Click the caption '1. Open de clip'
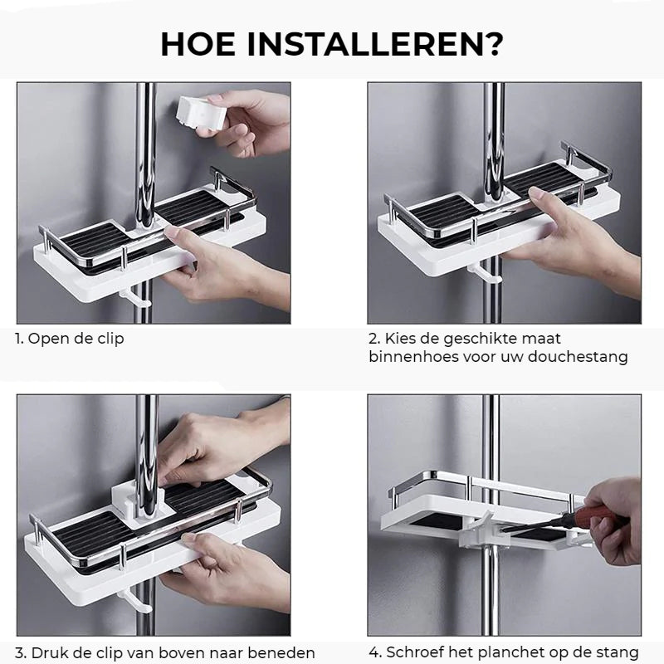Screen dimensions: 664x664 point(69,339)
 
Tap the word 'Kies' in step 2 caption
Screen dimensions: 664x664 point(401,339)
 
